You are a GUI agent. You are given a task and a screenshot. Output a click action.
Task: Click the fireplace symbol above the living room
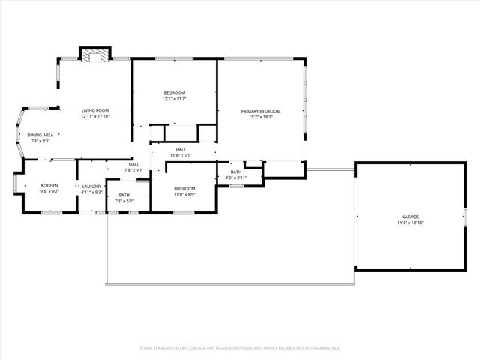point(95,55)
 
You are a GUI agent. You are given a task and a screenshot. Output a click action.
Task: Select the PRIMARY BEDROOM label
point(261,111)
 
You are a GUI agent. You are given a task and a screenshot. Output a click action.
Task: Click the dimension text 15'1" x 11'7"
point(174,98)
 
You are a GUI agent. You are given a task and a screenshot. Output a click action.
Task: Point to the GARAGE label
point(409,217)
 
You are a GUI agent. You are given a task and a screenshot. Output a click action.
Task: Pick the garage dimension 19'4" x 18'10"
point(409,223)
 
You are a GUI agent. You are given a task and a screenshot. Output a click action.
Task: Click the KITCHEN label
point(49,185)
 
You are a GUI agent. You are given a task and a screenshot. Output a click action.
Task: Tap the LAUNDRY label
point(91,187)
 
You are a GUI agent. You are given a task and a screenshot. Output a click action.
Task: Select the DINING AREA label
point(40,135)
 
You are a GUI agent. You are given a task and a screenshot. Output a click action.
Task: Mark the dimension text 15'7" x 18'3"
point(261,117)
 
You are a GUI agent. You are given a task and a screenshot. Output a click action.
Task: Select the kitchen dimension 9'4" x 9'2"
point(49,191)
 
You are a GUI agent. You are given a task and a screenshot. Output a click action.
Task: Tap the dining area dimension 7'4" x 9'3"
point(40,141)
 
